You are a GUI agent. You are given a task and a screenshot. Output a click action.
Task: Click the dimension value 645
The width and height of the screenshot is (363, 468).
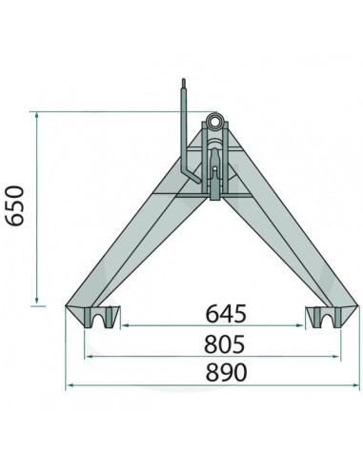pyautogui.click(x=222, y=314)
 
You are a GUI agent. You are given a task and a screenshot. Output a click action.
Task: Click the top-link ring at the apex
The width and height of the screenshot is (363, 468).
pyautogui.click(x=217, y=124)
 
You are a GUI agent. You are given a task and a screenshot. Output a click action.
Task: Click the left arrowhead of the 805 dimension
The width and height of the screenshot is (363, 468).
pyautogui.click(x=87, y=357)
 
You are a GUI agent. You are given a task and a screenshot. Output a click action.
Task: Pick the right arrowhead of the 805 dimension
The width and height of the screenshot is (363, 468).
pyautogui.click(x=338, y=357)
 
